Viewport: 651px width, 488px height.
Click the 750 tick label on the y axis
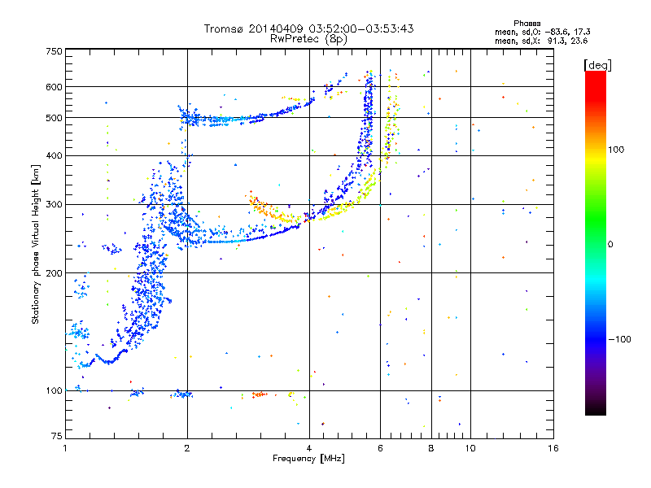pos(54,51)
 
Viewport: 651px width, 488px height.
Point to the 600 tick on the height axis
pos(54,87)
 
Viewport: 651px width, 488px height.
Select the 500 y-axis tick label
pos(54,118)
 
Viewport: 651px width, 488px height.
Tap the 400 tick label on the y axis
pos(54,155)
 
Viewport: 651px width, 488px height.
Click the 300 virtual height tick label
pos(54,205)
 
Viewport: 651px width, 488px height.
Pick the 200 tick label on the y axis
pos(54,273)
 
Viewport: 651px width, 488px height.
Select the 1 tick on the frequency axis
pos(65,448)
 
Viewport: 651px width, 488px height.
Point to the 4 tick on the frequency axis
pos(309,448)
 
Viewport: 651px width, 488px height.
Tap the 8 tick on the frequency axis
pos(431,448)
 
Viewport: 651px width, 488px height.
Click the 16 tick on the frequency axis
pos(552,448)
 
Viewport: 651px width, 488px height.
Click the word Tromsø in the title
pos(223,28)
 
